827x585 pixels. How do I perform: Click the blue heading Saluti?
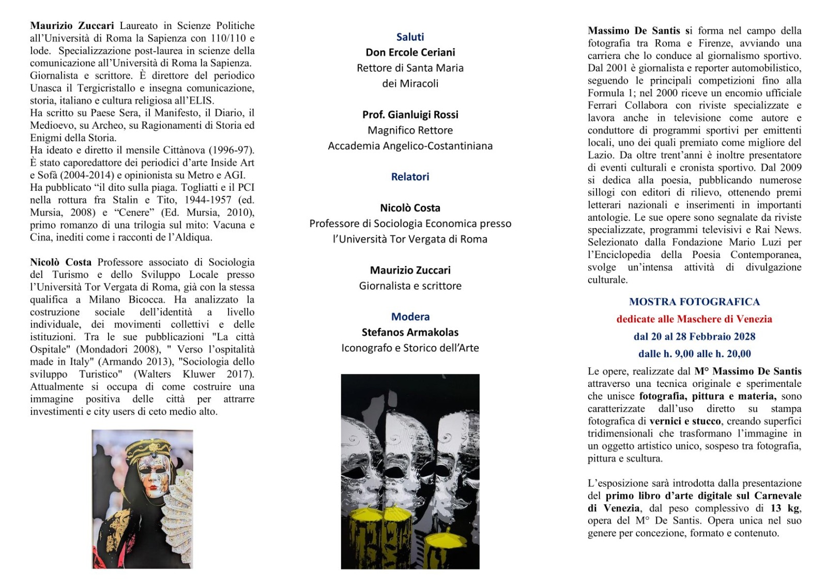[x=410, y=37]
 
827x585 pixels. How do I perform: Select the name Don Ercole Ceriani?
[x=410, y=52]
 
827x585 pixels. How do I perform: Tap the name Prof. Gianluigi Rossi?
[x=410, y=114]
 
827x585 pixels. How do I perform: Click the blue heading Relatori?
[x=410, y=176]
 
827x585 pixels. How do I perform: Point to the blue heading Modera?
[x=410, y=317]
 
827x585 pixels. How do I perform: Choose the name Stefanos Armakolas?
[x=410, y=332]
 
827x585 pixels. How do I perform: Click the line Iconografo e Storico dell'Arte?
[x=410, y=348]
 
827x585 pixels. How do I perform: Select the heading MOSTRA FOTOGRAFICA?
[x=694, y=302]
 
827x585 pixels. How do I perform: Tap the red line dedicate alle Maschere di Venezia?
[x=694, y=319]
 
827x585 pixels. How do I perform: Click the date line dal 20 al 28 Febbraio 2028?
[x=694, y=336]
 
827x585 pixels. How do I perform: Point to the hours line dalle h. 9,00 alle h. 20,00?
[x=694, y=354]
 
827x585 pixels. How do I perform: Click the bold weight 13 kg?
[x=784, y=508]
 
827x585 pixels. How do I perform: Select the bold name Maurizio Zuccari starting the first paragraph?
[x=72, y=25]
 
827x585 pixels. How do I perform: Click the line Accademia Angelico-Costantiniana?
[x=410, y=146]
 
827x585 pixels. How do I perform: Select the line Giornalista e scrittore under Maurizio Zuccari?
[x=410, y=286]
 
